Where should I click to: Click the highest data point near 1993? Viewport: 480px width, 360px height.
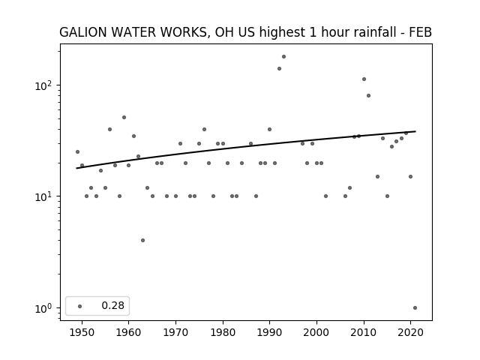click(x=283, y=57)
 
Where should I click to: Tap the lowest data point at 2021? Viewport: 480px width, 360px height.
click(x=415, y=308)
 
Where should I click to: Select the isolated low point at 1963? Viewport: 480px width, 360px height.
click(x=142, y=240)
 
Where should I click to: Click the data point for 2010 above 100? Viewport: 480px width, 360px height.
click(x=364, y=79)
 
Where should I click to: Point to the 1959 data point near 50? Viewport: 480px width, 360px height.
click(x=124, y=117)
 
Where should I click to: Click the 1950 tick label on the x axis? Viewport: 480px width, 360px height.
click(x=82, y=332)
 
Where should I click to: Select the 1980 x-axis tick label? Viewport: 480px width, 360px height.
click(x=223, y=332)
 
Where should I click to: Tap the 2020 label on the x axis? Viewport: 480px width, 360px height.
click(x=410, y=332)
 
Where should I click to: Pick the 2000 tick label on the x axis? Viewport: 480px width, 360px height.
click(x=316, y=332)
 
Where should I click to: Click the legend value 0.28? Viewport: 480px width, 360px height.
click(x=113, y=305)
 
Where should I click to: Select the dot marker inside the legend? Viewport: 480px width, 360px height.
click(x=80, y=306)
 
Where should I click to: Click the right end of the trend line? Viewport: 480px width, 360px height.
click(x=415, y=131)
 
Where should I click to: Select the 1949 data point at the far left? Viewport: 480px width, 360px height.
click(x=77, y=151)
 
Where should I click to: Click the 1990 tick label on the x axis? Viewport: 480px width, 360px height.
click(x=270, y=332)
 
